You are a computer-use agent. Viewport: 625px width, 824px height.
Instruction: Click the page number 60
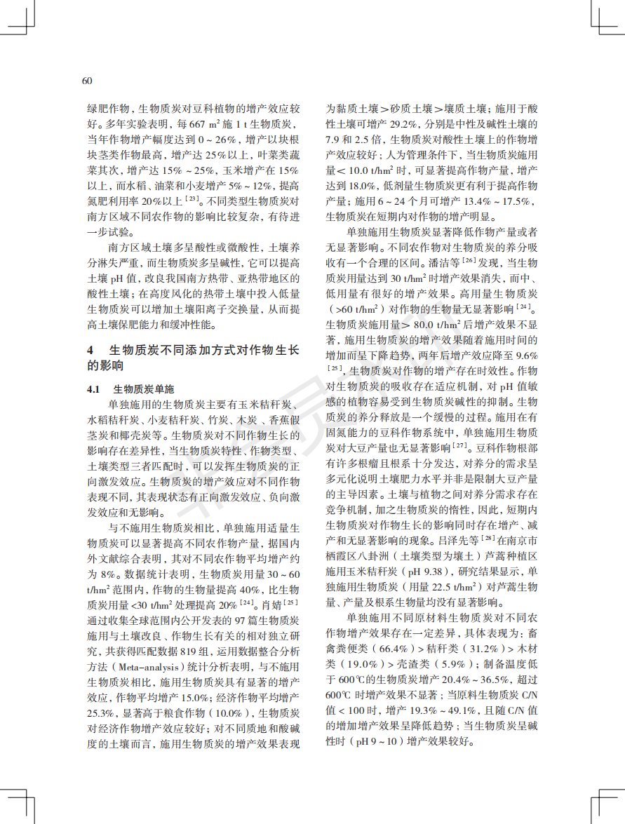point(87,81)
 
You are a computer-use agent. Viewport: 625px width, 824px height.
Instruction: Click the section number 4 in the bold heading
point(90,350)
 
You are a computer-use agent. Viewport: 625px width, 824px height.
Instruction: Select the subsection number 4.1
point(95,389)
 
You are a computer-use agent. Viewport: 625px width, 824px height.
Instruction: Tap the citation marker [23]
point(190,200)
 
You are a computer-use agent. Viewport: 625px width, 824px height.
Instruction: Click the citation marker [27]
point(459,445)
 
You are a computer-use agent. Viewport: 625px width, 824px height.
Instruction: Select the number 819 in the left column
point(190,649)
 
